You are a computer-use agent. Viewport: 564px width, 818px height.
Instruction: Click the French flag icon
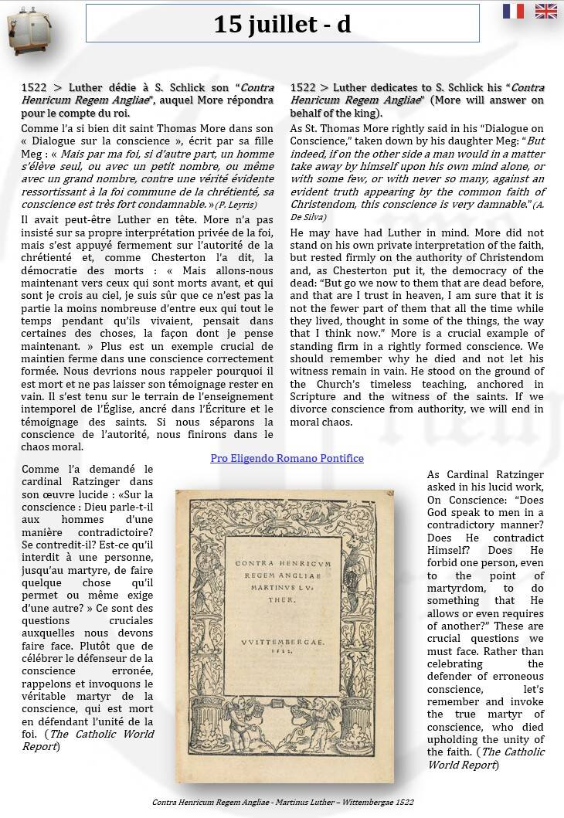pos(513,11)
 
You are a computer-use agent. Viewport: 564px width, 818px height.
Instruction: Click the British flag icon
pos(546,11)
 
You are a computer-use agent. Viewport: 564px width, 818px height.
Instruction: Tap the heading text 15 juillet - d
pos(282,25)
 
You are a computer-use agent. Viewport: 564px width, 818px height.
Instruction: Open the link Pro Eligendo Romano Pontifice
pos(287,458)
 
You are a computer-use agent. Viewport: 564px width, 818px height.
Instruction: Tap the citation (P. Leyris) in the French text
pos(236,204)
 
